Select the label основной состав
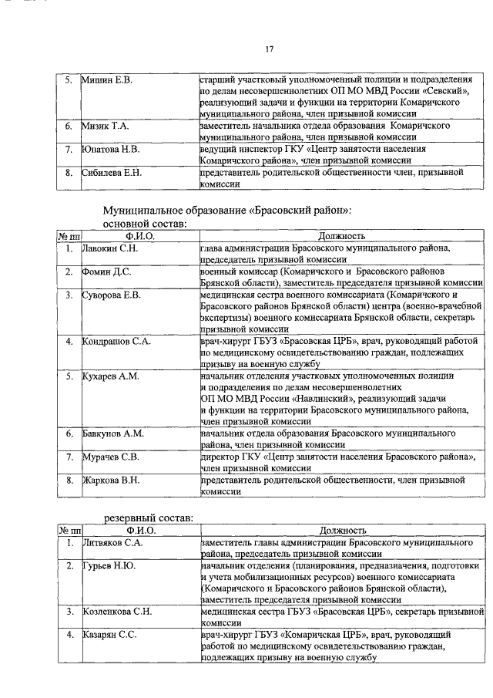[x=143, y=223]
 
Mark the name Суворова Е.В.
[x=111, y=295]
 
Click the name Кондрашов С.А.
[x=116, y=340]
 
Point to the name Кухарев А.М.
[x=110, y=376]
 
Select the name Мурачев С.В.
[x=111, y=457]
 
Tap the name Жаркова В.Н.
[x=111, y=480]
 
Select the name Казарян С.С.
[x=110, y=635]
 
